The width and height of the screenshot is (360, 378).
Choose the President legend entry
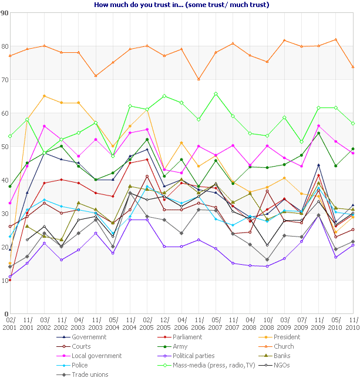[x=286, y=337]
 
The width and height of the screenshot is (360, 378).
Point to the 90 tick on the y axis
[x=5, y=13]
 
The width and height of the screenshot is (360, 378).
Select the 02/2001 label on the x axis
[x=10, y=322]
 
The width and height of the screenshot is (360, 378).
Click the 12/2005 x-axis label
[x=164, y=322]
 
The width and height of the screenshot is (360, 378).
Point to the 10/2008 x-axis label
[x=267, y=322]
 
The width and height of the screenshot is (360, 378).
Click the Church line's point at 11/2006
[x=198, y=79]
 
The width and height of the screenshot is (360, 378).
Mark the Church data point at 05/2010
[x=335, y=39]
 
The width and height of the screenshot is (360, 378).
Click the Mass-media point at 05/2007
[x=216, y=93]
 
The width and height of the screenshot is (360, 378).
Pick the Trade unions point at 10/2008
[x=267, y=259]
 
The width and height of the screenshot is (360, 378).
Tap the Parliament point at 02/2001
[x=10, y=280]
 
